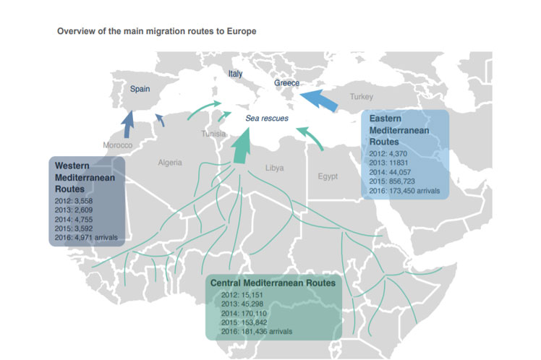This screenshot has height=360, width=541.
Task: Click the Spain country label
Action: pyautogui.click(x=140, y=89)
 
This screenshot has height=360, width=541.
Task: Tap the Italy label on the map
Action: pyautogui.click(x=236, y=74)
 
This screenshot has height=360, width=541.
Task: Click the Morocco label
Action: pyautogui.click(x=117, y=145)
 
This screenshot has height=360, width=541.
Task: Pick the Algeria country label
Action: pyautogui.click(x=171, y=163)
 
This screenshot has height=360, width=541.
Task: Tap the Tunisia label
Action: pyautogui.click(x=213, y=134)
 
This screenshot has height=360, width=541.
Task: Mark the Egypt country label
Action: pyautogui.click(x=328, y=176)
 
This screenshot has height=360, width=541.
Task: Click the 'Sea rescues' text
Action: pyautogui.click(x=268, y=118)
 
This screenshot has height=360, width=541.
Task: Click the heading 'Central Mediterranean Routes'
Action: pyautogui.click(x=273, y=283)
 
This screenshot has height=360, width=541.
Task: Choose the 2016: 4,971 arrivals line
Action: pyautogui.click(x=85, y=236)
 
